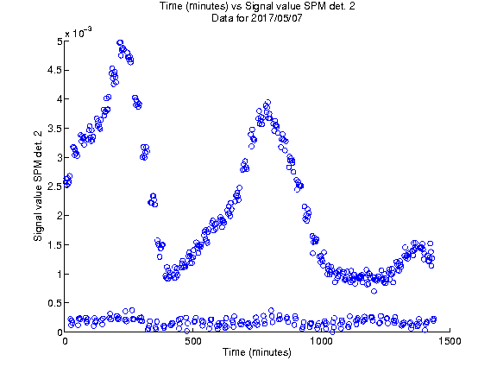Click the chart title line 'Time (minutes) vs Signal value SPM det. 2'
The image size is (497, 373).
coord(257,6)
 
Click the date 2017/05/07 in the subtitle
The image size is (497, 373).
coord(276,18)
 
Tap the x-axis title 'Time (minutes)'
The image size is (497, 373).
coord(257,352)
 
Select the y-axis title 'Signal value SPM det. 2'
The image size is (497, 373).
coord(38,186)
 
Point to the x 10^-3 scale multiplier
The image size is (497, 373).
coord(79,32)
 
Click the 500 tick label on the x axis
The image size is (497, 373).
coord(193,341)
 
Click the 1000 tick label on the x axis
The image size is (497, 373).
coord(321,341)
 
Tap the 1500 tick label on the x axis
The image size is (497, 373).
coord(450,341)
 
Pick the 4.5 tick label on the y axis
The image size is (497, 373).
coord(54,70)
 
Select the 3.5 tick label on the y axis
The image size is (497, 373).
coord(54,129)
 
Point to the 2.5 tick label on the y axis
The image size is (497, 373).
coord(54,186)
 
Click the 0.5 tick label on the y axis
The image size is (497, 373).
coord(54,303)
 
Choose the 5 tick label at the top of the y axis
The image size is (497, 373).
coord(60,41)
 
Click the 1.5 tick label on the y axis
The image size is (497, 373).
coord(54,245)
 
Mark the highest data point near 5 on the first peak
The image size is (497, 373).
coord(120,43)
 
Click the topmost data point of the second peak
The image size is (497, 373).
coord(268,102)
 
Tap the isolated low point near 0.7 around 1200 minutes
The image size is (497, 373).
coord(374,291)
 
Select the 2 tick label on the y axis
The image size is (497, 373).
coord(60,216)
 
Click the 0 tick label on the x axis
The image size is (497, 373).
coord(65,341)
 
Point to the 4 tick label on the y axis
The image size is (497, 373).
coord(60,99)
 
